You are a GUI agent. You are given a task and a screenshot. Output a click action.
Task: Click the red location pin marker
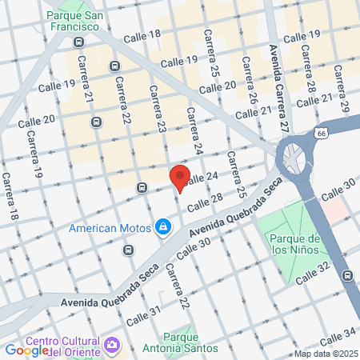[x=180, y=178]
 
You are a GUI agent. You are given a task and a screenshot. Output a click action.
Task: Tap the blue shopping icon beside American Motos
[x=163, y=228]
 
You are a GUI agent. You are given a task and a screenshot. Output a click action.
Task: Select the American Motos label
[x=110, y=228]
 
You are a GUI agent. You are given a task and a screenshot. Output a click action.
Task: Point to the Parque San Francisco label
[x=78, y=22]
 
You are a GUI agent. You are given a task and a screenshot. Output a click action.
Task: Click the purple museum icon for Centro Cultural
[x=112, y=344]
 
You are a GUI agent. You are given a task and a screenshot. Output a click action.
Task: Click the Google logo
[x=27, y=350]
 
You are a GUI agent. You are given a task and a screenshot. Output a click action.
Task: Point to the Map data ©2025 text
[x=325, y=354]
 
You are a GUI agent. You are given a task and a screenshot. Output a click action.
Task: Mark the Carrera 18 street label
[x=9, y=197]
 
